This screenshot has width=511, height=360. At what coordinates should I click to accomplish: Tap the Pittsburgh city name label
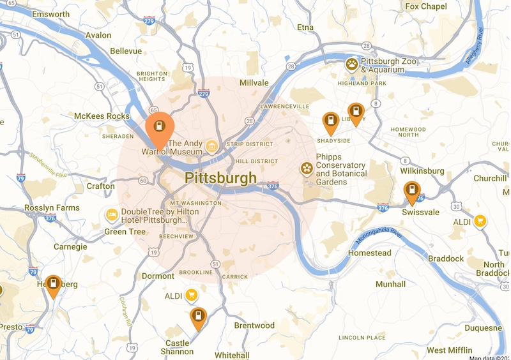pyautogui.click(x=220, y=177)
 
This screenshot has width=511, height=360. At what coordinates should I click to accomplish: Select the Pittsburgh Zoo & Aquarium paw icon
pyautogui.click(x=351, y=64)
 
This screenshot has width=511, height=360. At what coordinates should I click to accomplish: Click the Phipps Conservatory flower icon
pyautogui.click(x=307, y=168)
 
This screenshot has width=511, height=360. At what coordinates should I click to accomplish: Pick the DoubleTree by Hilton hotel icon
pyautogui.click(x=112, y=214)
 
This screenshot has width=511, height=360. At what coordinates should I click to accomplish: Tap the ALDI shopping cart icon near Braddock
pyautogui.click(x=479, y=221)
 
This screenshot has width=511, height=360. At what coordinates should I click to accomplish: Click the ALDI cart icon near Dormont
pyautogui.click(x=190, y=295)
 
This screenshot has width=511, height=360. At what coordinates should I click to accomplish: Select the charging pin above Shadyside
pyautogui.click(x=330, y=121)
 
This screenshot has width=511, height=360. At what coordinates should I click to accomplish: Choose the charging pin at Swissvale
pyautogui.click(x=412, y=191)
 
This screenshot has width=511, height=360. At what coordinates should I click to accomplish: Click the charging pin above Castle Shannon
pyautogui.click(x=199, y=317)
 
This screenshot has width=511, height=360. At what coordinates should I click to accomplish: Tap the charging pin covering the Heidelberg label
pyautogui.click(x=53, y=284)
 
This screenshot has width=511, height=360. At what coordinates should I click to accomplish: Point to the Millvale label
pyautogui.click(x=254, y=83)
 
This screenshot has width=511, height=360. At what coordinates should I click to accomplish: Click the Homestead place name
pyautogui.click(x=369, y=253)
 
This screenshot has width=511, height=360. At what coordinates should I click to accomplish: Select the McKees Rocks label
pyautogui.click(x=102, y=116)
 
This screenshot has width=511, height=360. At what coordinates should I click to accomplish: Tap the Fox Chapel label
pyautogui.click(x=426, y=6)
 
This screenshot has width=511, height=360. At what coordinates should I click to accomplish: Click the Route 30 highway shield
pyautogui.click(x=456, y=206)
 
